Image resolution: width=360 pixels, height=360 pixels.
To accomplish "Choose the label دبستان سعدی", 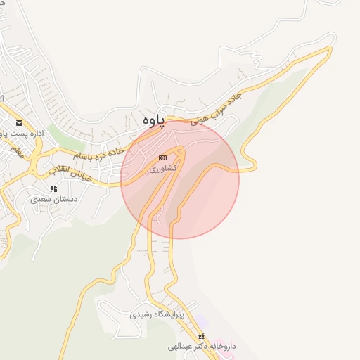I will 52,199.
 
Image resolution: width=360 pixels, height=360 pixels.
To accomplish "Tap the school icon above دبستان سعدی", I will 53,188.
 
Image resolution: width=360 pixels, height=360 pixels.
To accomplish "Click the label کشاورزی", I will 164,168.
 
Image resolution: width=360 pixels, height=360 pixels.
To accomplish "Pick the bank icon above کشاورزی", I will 163,158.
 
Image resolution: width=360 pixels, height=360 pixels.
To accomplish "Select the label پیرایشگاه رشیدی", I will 156,315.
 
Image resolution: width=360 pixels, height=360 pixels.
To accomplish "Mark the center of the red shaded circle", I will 180,179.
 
